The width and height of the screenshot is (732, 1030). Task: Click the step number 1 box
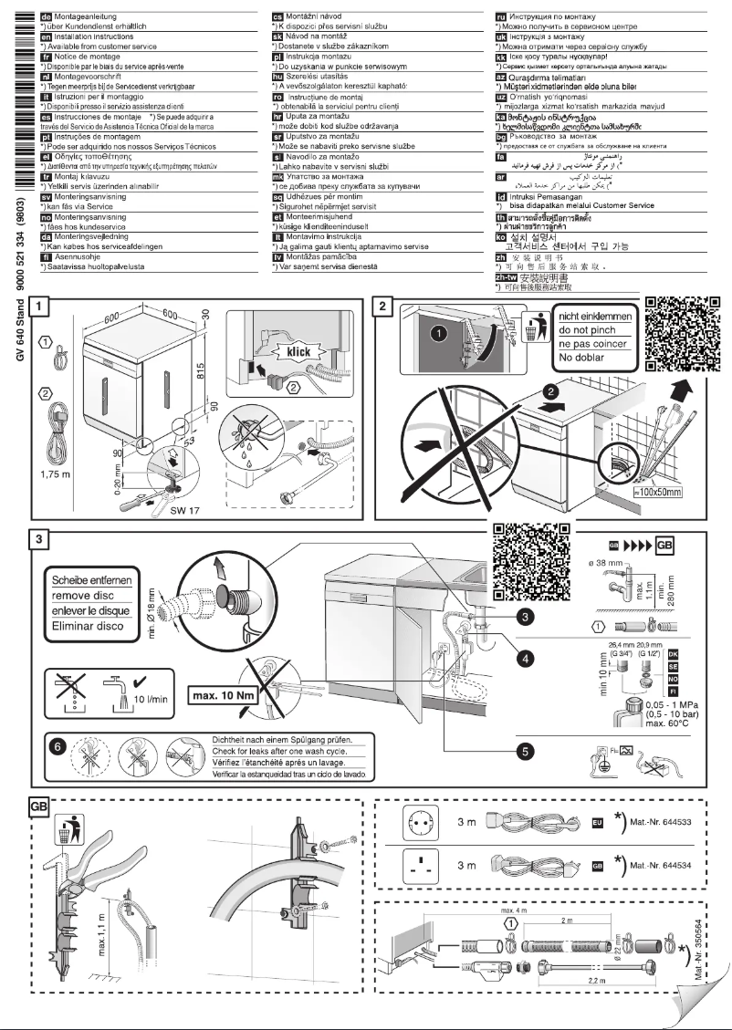[40, 306]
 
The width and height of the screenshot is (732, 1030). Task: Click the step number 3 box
[40, 539]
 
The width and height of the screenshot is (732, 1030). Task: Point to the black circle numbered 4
[523, 655]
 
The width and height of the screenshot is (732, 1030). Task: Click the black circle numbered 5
[523, 751]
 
